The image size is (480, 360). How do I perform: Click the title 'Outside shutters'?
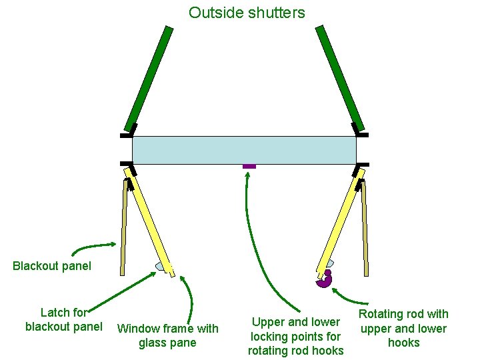247,12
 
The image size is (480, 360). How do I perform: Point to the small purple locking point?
249,166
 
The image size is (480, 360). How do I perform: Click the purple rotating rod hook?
325,280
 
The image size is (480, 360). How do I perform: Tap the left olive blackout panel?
123,227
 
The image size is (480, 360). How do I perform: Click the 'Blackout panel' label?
52,266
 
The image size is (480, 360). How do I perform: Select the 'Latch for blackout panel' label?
64,319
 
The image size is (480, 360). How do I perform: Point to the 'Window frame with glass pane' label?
167,335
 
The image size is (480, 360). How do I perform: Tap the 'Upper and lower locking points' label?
295,337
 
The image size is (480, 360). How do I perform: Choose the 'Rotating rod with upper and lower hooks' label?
403,328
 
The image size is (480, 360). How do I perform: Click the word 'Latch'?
55,312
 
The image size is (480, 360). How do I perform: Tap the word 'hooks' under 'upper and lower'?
403,343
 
